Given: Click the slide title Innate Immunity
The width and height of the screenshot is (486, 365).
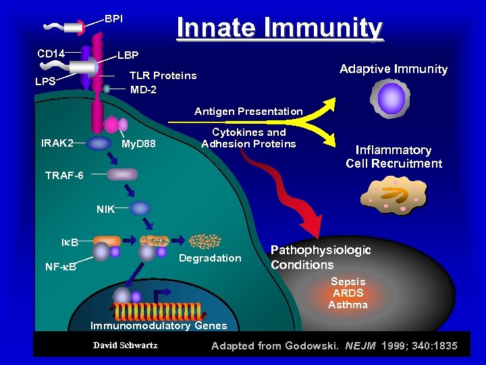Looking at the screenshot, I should (279, 29).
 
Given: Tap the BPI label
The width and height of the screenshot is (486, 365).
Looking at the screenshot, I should (113, 18).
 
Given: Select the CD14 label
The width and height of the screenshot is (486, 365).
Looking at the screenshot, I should (51, 53).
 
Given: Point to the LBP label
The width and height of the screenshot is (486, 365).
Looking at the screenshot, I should (128, 55).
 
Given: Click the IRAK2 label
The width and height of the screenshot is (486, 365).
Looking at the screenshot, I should (57, 143).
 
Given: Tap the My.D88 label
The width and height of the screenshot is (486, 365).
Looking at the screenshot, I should (138, 144).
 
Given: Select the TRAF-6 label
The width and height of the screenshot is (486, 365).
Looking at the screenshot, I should (64, 176).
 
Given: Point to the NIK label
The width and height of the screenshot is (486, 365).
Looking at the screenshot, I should (105, 210).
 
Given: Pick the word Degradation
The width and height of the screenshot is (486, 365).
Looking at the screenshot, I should (210, 258).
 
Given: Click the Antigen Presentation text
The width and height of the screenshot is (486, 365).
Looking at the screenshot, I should (248, 111).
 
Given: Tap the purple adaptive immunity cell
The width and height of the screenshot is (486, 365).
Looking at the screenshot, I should (390, 99).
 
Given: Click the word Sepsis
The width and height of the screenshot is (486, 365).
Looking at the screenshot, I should (348, 282).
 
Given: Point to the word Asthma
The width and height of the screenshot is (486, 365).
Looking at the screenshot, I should (348, 305).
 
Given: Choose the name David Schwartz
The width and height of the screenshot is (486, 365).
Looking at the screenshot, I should (126, 345).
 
